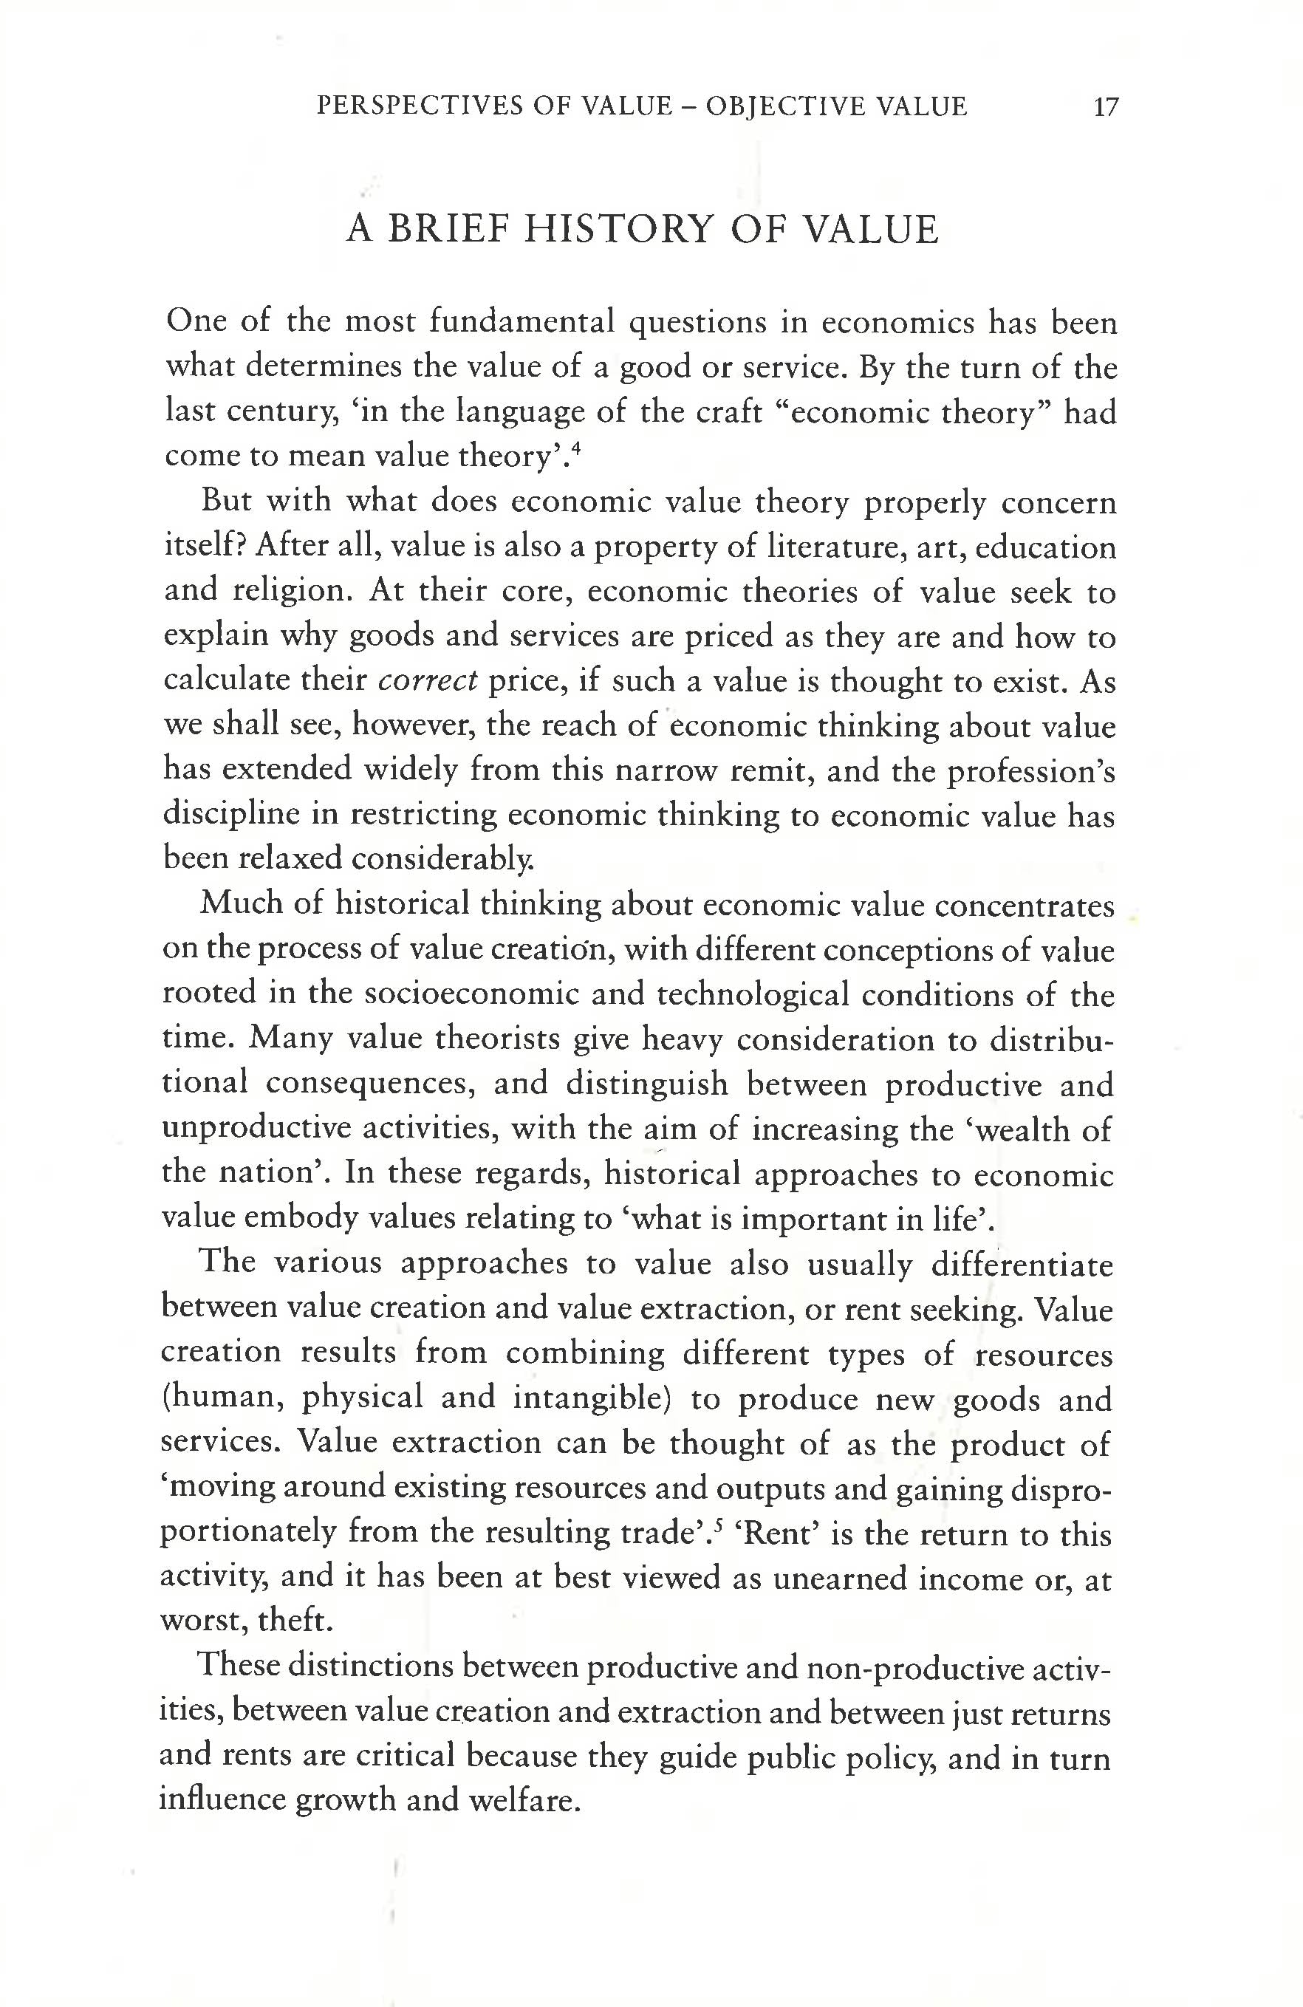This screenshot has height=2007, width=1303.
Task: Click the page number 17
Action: click(1104, 107)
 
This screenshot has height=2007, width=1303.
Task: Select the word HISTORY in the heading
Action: click(618, 230)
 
